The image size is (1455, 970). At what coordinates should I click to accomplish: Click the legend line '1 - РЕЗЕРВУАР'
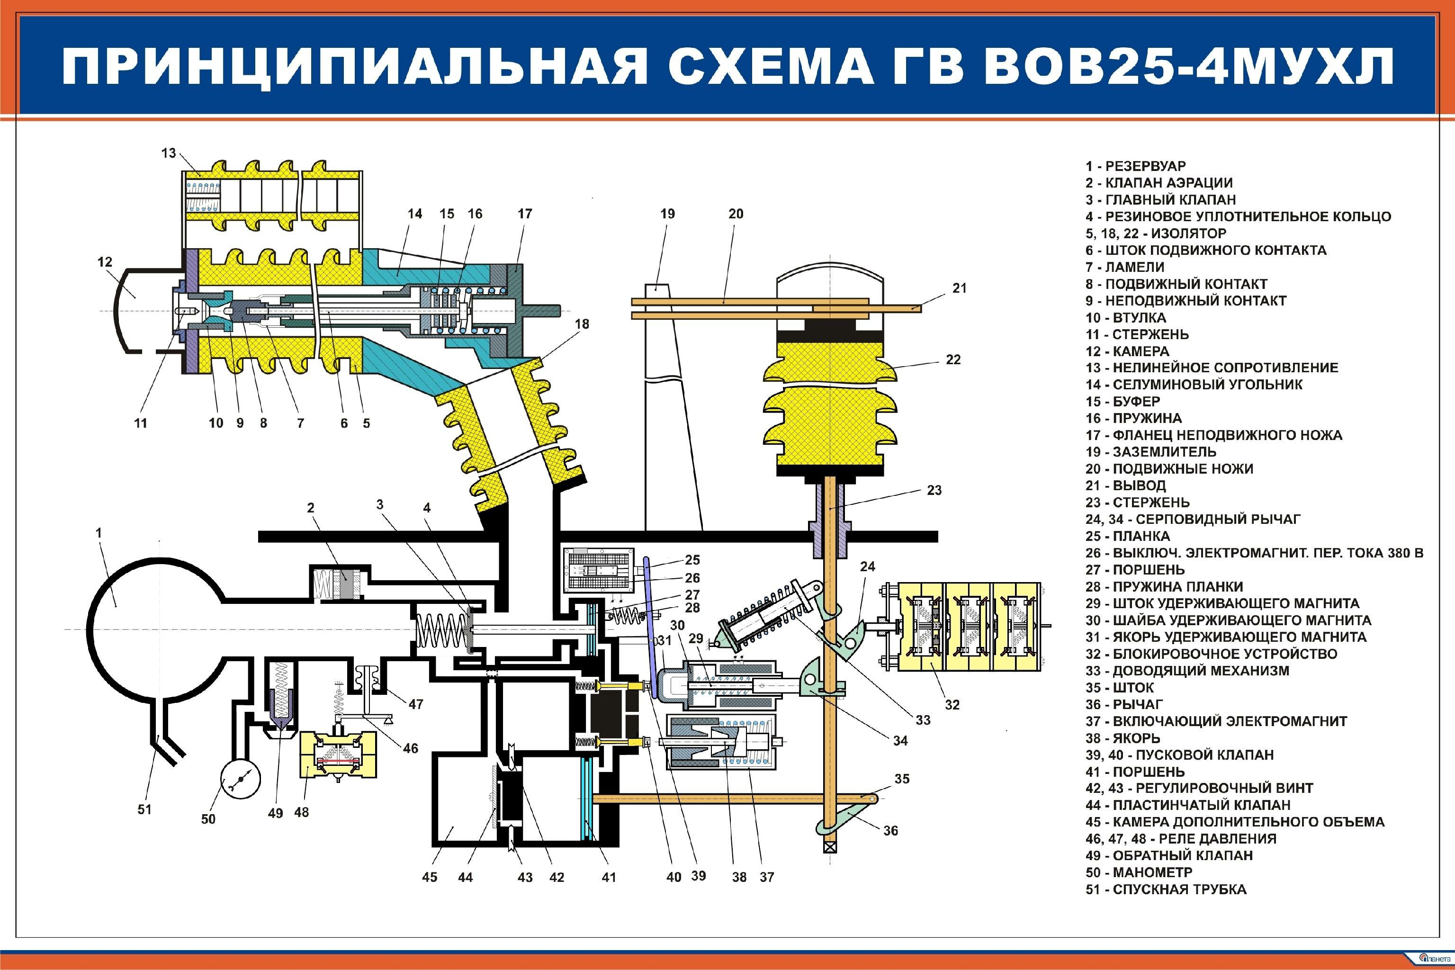coord(1135,166)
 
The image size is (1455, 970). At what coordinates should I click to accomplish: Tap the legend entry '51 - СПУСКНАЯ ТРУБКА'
coord(1166,889)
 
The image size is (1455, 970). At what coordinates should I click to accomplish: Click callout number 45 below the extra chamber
coord(429,877)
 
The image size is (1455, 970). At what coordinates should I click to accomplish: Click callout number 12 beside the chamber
coord(105,261)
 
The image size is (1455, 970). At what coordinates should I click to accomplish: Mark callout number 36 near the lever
coord(890,831)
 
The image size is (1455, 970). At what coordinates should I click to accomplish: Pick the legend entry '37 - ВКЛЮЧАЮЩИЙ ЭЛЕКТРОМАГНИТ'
coord(1216,721)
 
